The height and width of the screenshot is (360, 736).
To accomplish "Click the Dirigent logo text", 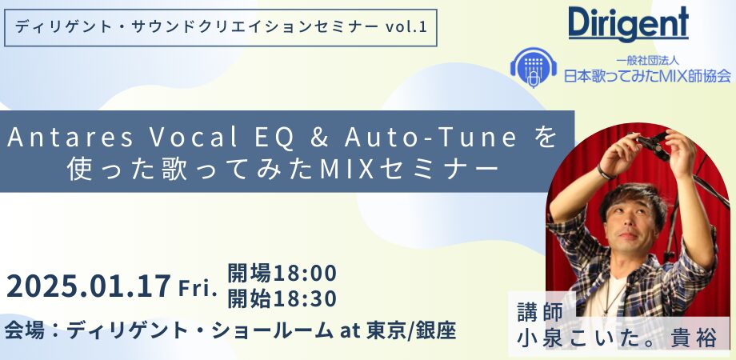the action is (x=628, y=25).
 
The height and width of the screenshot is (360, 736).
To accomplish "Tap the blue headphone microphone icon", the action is (x=534, y=67).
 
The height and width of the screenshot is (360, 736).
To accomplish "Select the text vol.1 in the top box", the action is (x=406, y=27).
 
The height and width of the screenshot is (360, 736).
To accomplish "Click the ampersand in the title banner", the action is (x=319, y=138).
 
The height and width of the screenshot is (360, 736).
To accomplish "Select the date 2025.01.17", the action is (x=88, y=286).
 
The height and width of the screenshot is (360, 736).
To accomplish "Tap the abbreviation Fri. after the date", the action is (x=198, y=287).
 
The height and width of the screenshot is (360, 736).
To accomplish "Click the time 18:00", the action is (x=305, y=273).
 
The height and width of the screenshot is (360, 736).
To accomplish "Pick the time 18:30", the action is (x=305, y=299).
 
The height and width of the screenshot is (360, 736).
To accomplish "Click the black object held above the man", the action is (x=654, y=145).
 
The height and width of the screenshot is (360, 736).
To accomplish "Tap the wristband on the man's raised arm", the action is (x=605, y=173).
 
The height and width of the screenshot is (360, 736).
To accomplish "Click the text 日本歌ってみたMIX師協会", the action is (x=647, y=76).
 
